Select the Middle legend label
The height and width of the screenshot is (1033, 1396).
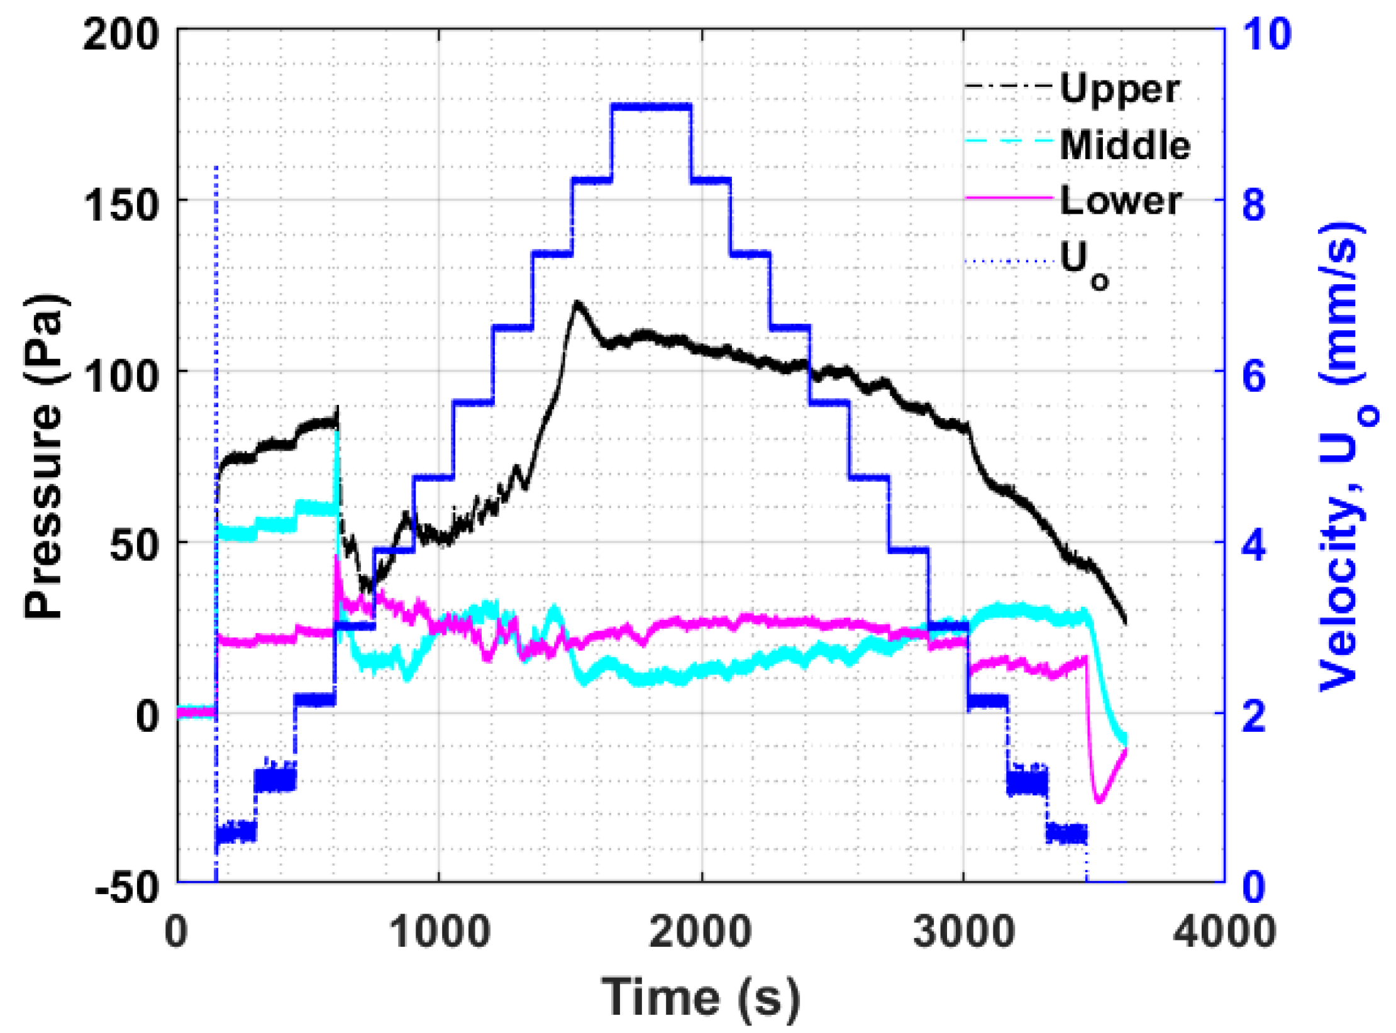pyautogui.click(x=1125, y=145)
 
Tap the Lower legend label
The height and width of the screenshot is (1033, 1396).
pyautogui.click(x=1120, y=201)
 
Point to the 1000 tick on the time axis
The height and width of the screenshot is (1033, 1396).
pyautogui.click(x=440, y=932)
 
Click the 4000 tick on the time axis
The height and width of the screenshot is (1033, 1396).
pyautogui.click(x=1224, y=932)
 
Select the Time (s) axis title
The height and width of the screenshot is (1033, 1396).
pyautogui.click(x=701, y=997)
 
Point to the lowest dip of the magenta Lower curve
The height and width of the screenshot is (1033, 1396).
pyautogui.click(x=1099, y=802)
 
